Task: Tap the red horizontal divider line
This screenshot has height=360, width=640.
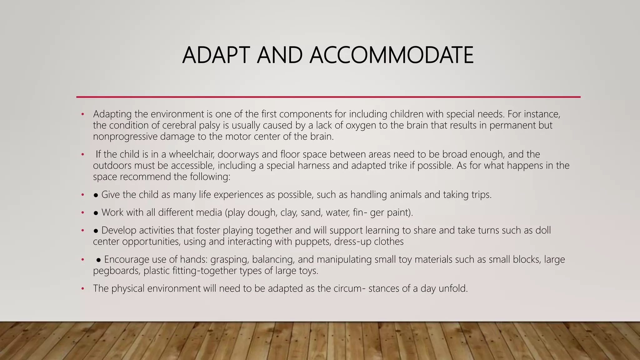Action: [x=328, y=97]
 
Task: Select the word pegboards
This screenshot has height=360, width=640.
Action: [x=116, y=271]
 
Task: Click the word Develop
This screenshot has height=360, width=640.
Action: [x=119, y=230]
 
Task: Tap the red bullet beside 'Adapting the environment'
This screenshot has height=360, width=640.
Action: [x=82, y=114]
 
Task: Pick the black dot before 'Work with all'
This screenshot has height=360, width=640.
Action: [x=96, y=213]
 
